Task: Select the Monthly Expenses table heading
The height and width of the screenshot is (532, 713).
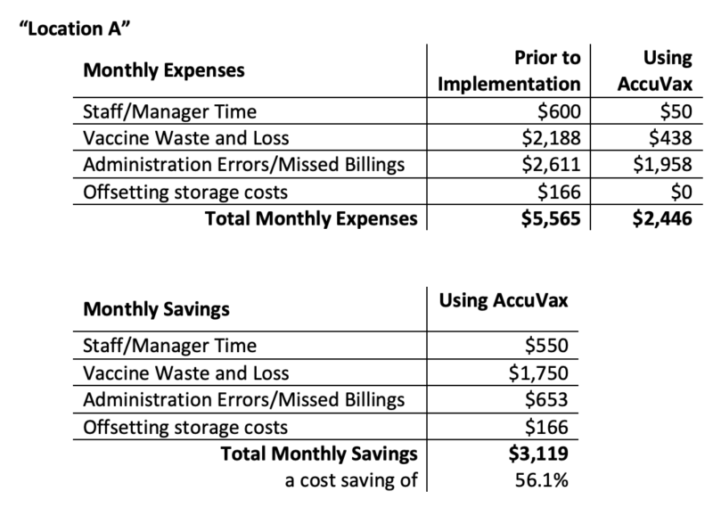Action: (x=164, y=70)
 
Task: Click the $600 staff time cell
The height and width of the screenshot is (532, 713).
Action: (x=559, y=113)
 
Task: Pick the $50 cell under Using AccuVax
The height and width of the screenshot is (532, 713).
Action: (x=671, y=113)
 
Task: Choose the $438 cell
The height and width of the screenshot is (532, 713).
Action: (x=667, y=139)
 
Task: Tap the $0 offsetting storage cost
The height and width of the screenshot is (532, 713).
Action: (x=678, y=191)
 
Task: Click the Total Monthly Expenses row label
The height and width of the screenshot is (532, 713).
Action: (x=311, y=217)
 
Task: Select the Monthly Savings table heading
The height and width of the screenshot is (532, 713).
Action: (x=156, y=310)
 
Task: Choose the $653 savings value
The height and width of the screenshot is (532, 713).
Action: (x=545, y=401)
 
